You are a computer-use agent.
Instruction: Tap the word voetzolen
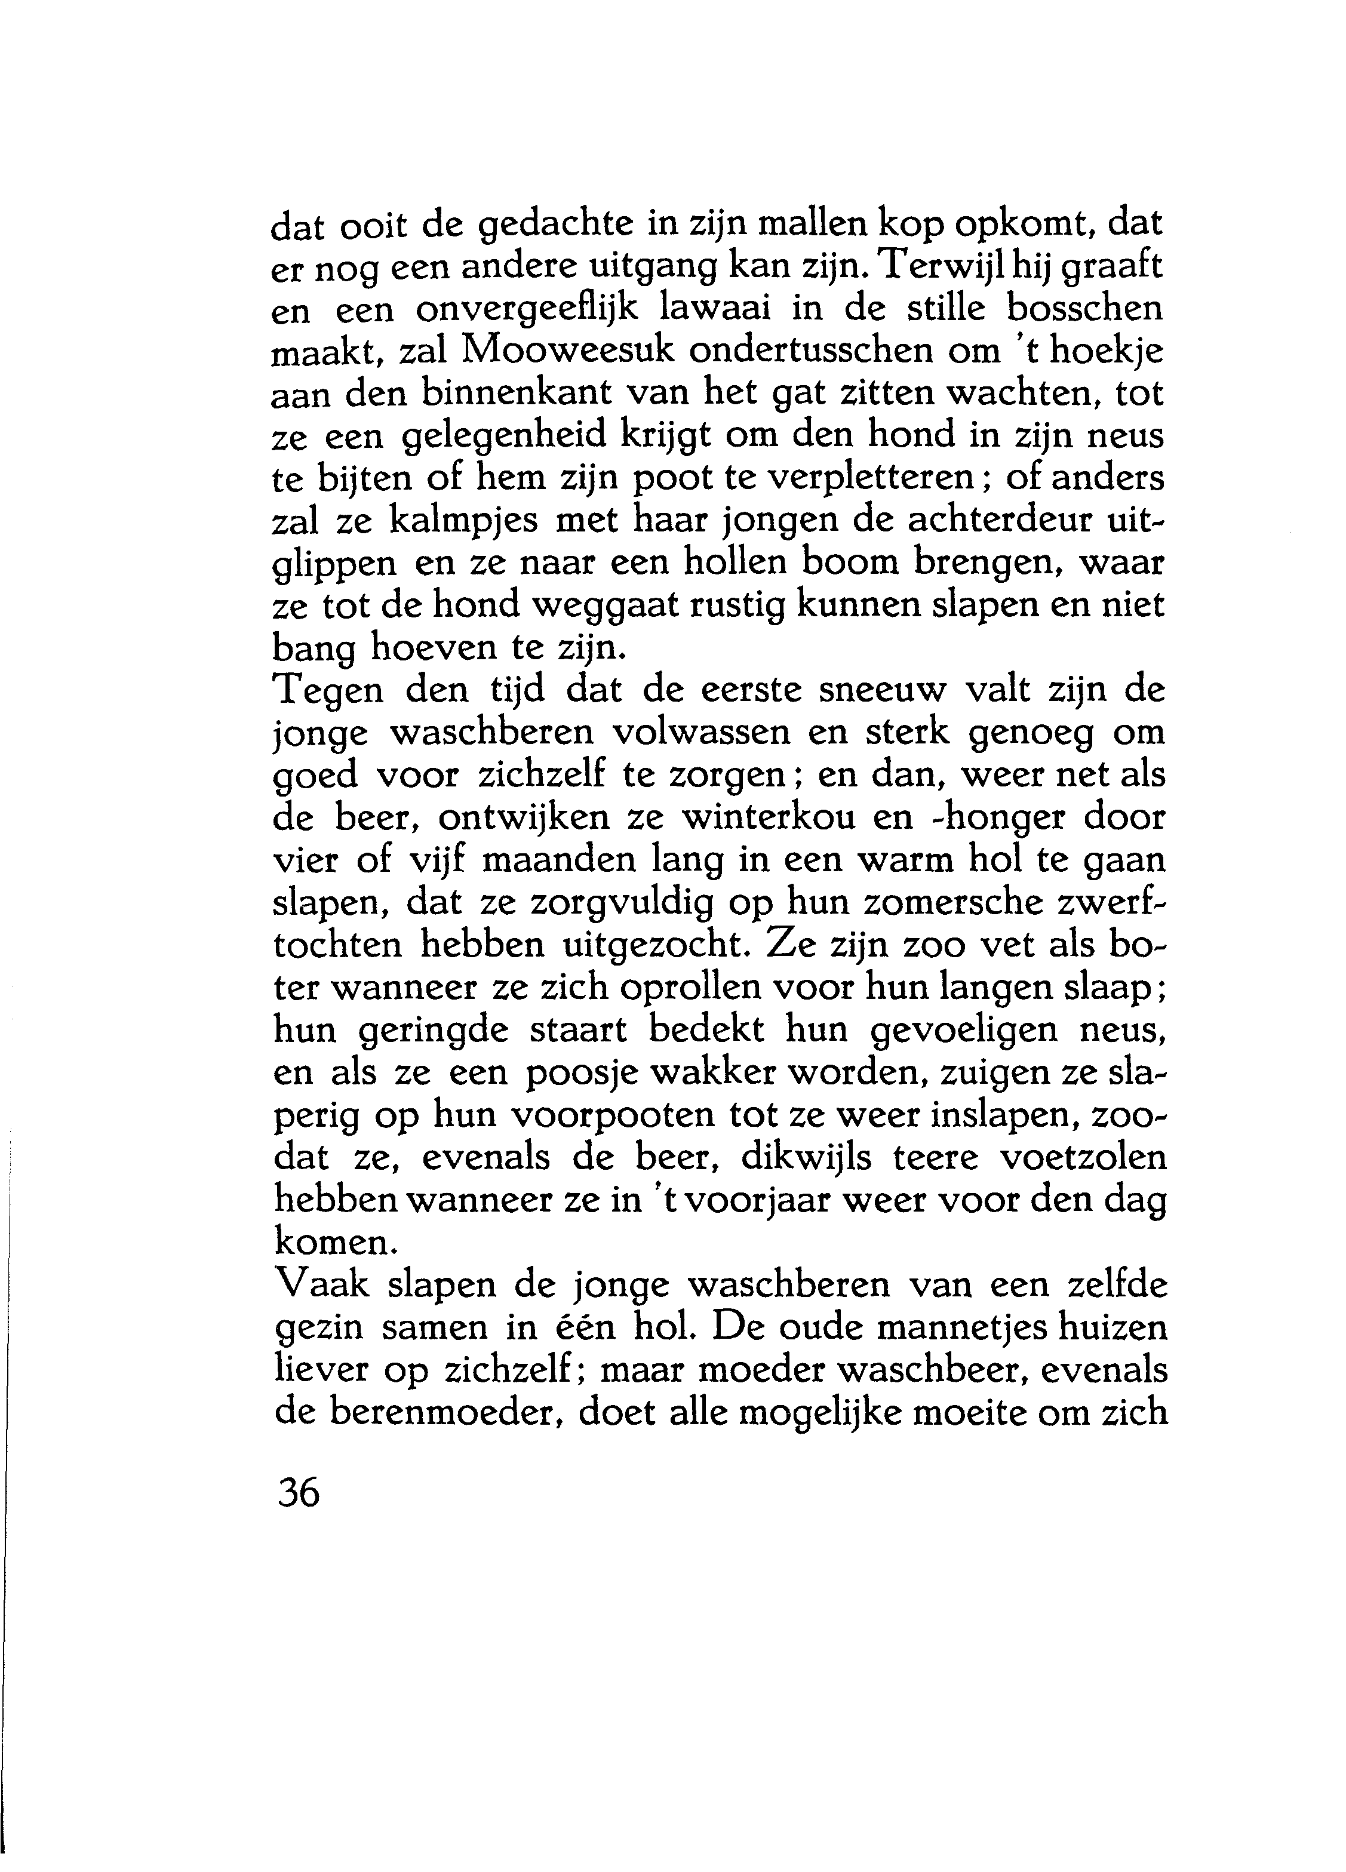pos(1083,1158)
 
